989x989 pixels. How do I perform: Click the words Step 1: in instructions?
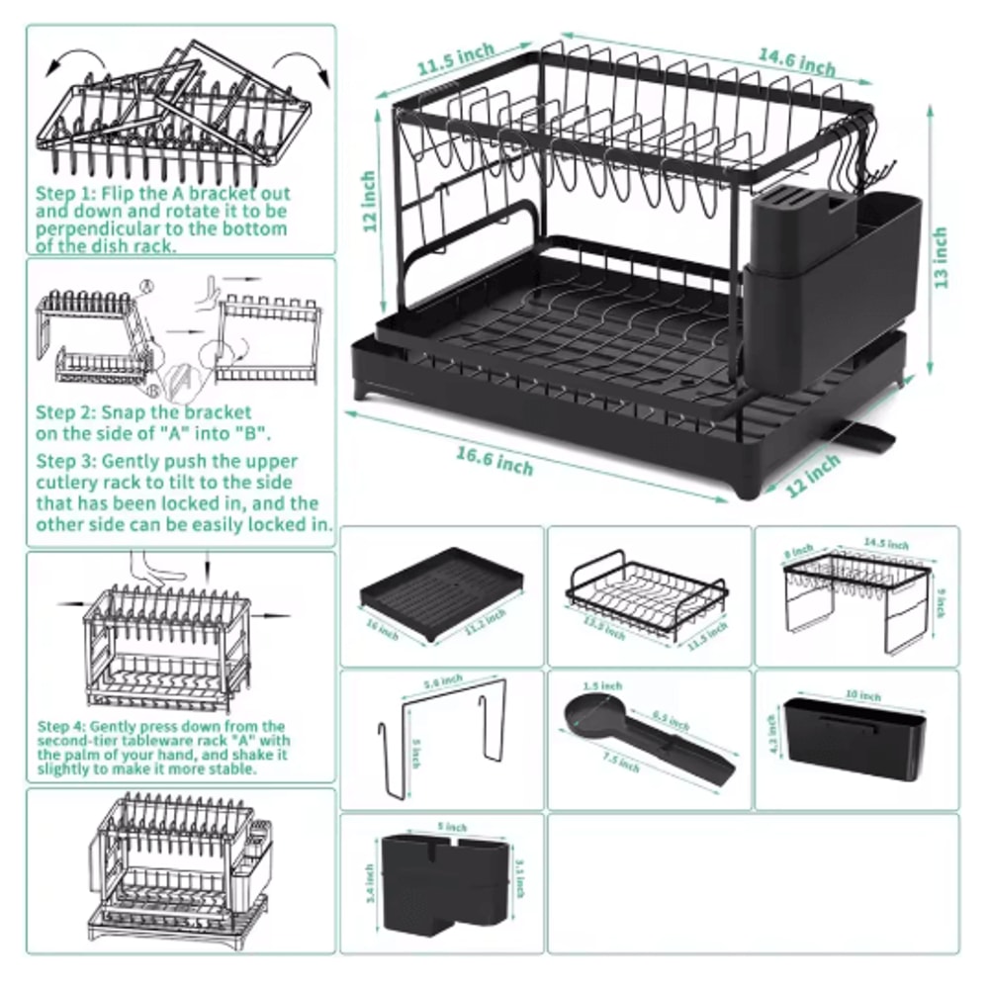tap(65, 194)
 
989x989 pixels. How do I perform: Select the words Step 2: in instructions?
tap(65, 411)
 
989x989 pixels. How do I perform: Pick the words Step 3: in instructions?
tap(65, 461)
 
